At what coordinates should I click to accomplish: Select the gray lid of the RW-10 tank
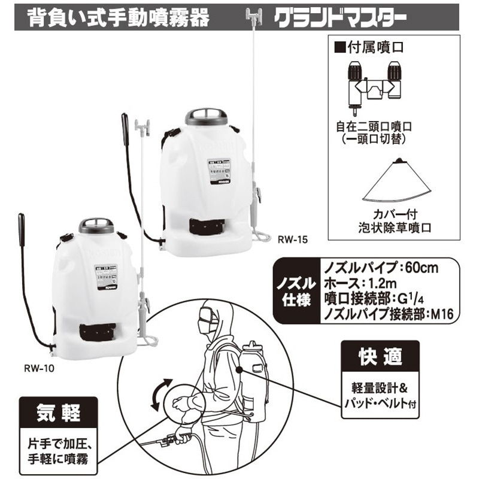pos(96,226)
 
